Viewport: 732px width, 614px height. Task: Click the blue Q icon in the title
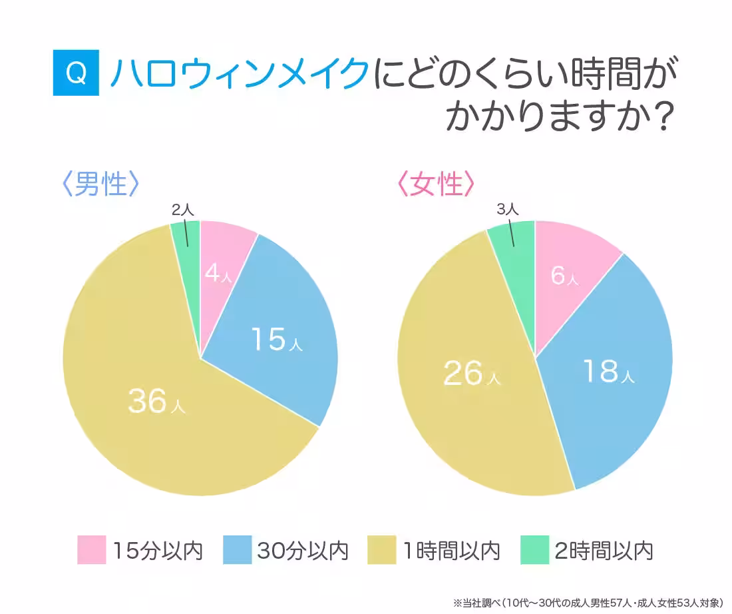[x=76, y=74]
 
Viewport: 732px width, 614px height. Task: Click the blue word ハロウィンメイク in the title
[x=239, y=74]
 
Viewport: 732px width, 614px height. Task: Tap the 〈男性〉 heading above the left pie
[x=100, y=184]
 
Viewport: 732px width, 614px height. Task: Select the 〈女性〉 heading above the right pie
[x=436, y=184]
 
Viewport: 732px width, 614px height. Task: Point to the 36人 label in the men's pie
[x=156, y=402]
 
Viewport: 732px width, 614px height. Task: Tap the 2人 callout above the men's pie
[x=182, y=209]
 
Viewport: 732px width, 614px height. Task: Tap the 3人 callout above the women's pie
[x=507, y=209]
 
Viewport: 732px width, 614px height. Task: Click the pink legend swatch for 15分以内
[x=91, y=550]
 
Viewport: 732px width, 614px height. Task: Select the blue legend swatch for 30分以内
[x=237, y=550]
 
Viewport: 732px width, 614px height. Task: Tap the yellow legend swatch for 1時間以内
[x=383, y=550]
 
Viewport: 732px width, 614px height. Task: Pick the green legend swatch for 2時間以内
[x=534, y=550]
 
